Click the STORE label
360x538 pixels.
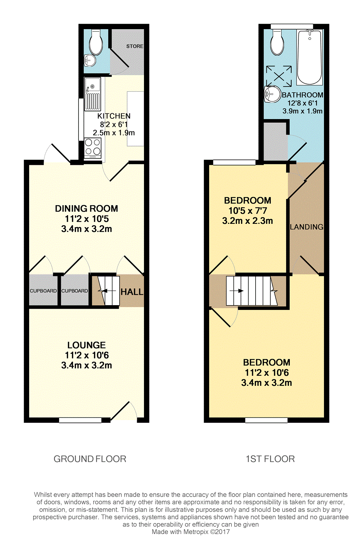[135, 46]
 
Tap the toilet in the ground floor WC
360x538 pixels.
[96, 42]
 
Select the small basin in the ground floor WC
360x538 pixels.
[90, 60]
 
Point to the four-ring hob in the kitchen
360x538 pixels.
[93, 148]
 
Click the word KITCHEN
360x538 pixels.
[114, 116]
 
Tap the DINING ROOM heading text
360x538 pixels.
[86, 209]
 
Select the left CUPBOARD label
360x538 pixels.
[43, 291]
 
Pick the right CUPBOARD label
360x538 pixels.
[75, 291]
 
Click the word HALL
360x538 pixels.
[132, 292]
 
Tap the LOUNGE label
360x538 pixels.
[86, 345]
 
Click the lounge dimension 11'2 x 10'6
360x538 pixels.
[86, 356]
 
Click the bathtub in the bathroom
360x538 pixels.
[310, 57]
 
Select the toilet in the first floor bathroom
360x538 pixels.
[278, 42]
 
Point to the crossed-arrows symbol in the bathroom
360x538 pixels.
[279, 76]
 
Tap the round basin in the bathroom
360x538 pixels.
[272, 94]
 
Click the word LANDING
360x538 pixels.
[307, 227]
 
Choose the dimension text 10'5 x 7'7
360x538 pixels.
[248, 211]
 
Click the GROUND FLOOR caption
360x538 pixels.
[90, 459]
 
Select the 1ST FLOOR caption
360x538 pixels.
[270, 459]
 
